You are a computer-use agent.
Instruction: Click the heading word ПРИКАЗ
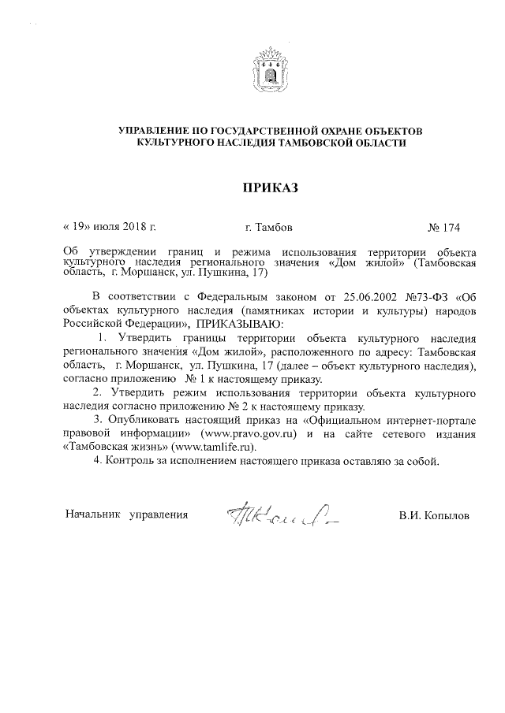(x=271, y=188)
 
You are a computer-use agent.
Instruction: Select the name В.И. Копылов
(x=434, y=515)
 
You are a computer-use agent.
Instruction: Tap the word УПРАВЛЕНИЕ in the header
(x=157, y=129)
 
